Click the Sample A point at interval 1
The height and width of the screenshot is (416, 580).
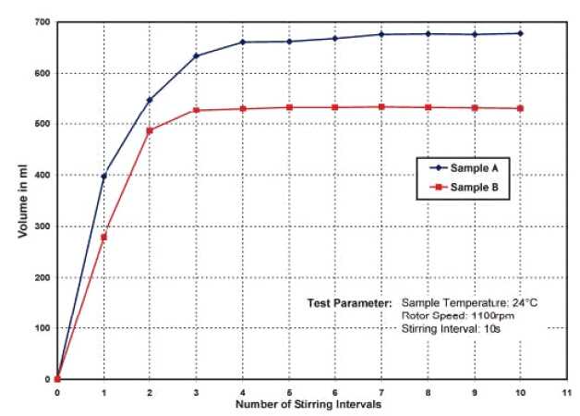(103, 176)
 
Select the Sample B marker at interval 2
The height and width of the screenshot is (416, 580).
(150, 130)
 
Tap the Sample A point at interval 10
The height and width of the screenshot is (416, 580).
(521, 33)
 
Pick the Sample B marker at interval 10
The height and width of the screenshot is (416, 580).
(521, 108)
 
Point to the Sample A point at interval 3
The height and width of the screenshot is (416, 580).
(197, 56)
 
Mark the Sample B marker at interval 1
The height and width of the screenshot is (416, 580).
(103, 237)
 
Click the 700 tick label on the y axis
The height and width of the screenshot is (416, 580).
(42, 21)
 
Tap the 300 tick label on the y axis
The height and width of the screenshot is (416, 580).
(42, 226)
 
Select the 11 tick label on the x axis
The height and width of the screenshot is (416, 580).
(567, 392)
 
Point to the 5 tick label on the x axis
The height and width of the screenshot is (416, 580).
(289, 392)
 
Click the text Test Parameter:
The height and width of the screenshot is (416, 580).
(350, 302)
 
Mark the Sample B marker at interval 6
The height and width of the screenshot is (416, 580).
(335, 107)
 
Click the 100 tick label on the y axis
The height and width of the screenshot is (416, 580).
(42, 328)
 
